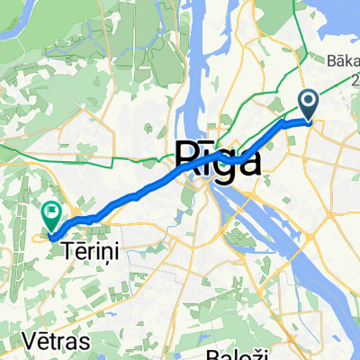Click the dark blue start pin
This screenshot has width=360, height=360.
tap(308, 105)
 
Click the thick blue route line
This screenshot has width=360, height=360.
tap(135, 194)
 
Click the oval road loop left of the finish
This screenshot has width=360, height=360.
tap(41, 237)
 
